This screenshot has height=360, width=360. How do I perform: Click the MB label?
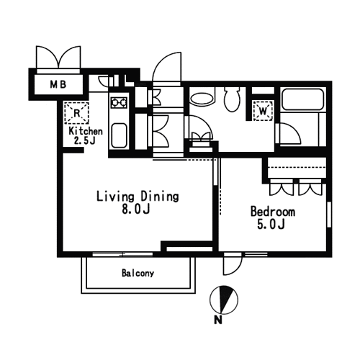(58, 84)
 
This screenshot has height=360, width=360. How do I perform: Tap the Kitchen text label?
(86, 131)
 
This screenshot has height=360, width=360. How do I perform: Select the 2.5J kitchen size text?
(85, 140)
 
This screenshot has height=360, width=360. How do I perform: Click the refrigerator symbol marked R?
(76, 113)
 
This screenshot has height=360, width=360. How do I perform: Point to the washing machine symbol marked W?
(263, 111)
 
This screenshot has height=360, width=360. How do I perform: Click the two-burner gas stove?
(119, 102)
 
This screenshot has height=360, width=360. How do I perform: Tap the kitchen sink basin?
(119, 135)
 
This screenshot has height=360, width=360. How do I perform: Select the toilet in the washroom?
(232, 99)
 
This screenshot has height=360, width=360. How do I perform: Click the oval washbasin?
(202, 99)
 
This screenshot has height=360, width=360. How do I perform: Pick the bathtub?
(302, 99)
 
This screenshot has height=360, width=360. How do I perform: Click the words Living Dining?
(138, 197)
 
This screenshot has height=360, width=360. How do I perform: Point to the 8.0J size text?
(136, 209)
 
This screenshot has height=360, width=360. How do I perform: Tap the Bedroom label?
(273, 212)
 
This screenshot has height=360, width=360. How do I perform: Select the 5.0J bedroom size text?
(271, 225)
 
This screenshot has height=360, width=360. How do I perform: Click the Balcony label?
(138, 273)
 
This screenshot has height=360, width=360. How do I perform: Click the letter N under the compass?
(217, 320)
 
